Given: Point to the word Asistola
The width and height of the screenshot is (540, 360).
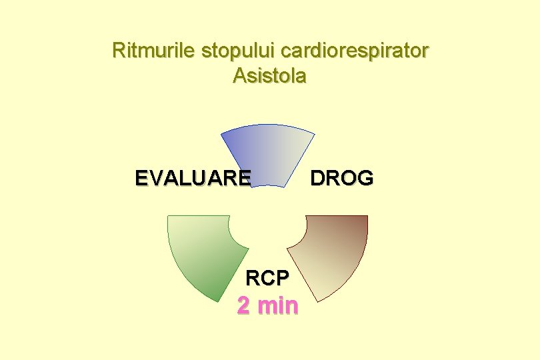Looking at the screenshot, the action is point(269,76).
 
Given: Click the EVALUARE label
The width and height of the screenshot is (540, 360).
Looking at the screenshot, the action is point(193,178).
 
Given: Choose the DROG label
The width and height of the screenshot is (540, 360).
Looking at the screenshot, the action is point(341,178).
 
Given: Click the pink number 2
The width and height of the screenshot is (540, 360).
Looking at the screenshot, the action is point(245,305).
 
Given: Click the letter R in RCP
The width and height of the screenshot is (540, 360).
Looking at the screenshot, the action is point(253,276).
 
